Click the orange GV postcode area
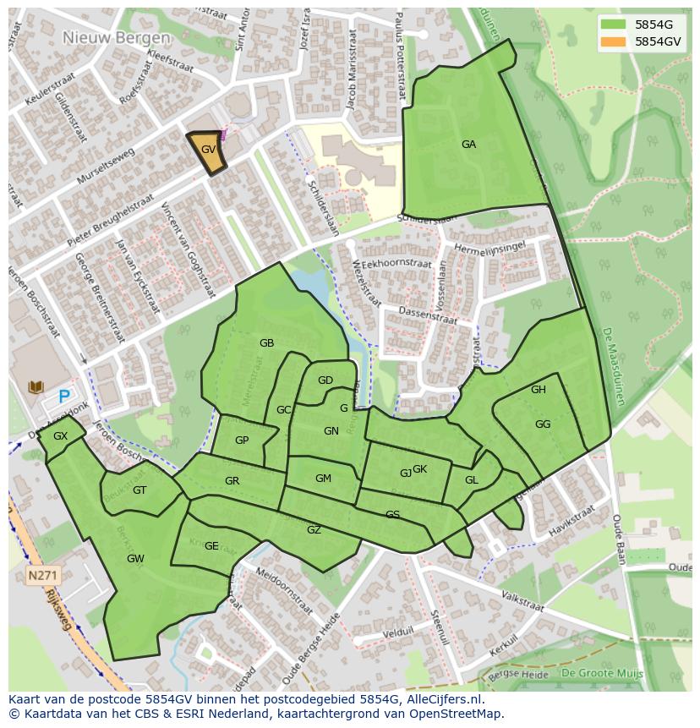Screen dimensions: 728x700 coord(207,152)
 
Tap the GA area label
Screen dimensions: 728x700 coord(468,145)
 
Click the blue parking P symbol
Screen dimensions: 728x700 coord(64,396)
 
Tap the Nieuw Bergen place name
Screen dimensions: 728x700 coord(116,38)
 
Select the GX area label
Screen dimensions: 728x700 coord(60,436)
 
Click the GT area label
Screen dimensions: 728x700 coord(139,490)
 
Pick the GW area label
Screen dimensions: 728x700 coord(135,559)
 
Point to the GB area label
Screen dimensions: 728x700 coord(266,343)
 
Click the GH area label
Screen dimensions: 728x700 coord(539,390)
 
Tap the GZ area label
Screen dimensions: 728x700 coord(314,530)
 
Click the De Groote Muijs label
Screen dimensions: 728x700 coord(602,673)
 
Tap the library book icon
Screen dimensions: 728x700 coord(36,387)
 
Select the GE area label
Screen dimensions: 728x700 coord(211,546)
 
